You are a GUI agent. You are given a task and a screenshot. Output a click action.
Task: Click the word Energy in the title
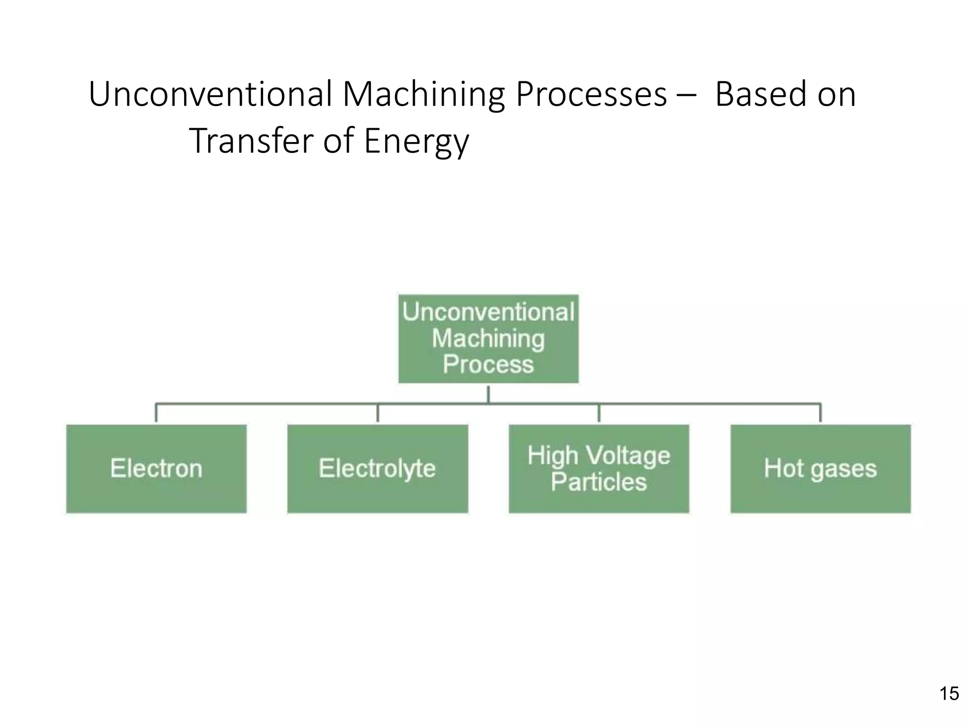tap(416, 141)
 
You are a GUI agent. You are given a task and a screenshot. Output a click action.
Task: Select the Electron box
tap(156, 469)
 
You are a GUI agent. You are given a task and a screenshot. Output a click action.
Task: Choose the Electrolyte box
tap(378, 469)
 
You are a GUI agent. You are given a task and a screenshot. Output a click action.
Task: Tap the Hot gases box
tap(820, 469)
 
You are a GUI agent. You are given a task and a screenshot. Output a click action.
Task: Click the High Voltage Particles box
tap(599, 469)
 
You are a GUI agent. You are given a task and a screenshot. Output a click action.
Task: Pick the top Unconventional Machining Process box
tap(488, 338)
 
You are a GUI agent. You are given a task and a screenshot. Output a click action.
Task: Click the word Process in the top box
tap(488, 364)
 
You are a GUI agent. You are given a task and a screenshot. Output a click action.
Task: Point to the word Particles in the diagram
tap(599, 482)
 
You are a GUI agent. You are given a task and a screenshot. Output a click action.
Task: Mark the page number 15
tap(949, 693)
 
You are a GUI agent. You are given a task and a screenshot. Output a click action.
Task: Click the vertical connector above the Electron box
tap(156, 413)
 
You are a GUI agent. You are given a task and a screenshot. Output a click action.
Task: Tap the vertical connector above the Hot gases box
tap(820, 413)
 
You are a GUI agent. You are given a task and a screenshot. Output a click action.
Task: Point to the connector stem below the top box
tap(488, 394)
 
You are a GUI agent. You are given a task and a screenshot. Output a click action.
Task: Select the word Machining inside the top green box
tap(488, 338)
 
